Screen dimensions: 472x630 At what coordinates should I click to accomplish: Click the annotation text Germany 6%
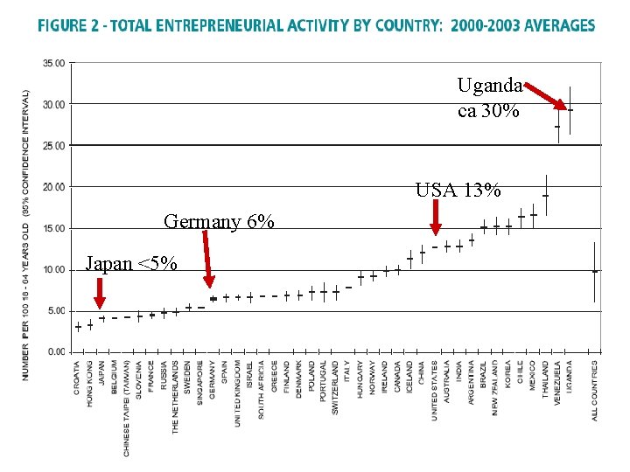219,222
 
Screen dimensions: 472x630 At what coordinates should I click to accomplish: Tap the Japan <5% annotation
131,263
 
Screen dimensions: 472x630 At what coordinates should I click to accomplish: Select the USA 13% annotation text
458,191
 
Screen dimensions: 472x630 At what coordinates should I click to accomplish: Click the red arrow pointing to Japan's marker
100,293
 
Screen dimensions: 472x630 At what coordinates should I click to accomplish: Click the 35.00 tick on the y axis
54,63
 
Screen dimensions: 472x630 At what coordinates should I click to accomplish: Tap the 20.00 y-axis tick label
54,187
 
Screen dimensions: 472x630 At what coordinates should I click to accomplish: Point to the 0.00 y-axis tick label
56,352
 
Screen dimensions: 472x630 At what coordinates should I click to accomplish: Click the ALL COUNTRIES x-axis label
595,390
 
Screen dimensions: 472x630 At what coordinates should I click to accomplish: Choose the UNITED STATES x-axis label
435,390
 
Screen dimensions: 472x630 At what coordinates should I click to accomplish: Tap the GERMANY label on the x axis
213,379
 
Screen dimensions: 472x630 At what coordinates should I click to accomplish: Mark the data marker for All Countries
595,272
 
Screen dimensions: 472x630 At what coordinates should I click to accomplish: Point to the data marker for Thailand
545,197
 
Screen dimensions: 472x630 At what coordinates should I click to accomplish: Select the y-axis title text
25,234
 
